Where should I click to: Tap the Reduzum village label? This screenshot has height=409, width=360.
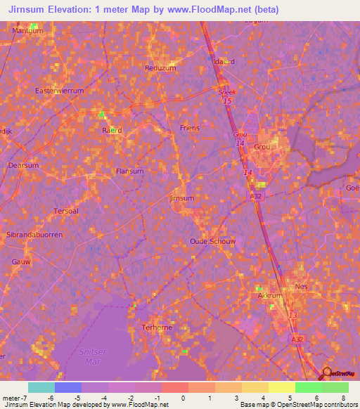[x=159, y=67]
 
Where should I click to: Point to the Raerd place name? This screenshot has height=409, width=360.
[x=112, y=130]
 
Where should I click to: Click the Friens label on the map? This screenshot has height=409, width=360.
[x=190, y=128]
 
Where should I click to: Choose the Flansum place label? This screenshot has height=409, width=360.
[x=129, y=171]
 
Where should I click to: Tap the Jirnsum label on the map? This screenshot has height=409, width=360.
[x=182, y=198]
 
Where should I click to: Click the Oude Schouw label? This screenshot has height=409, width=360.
[x=212, y=241]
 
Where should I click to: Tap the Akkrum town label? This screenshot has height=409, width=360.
[x=270, y=297]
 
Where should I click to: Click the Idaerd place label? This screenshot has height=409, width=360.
[x=224, y=61]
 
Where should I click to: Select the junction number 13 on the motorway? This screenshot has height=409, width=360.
[x=292, y=315]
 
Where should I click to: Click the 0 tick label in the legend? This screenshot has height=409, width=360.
[x=183, y=398]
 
